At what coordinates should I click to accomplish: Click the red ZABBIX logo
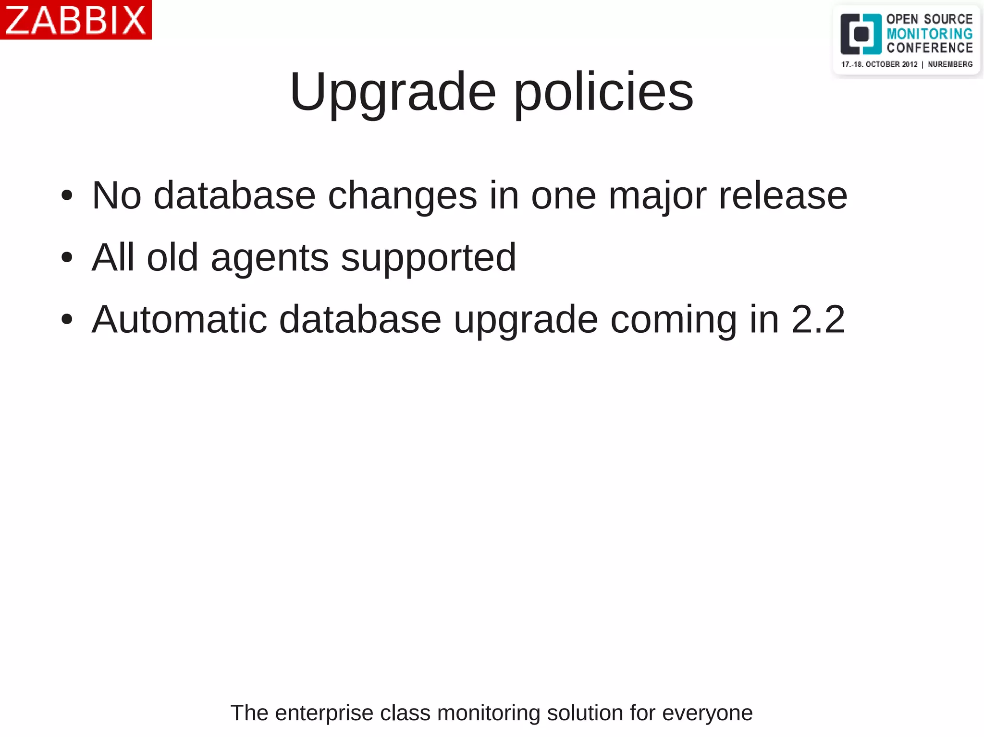pyautogui.click(x=75, y=20)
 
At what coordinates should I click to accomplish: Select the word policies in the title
pyautogui.click(x=603, y=92)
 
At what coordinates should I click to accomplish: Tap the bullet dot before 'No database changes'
pyautogui.click(x=67, y=195)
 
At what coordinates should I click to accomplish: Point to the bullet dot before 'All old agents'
pyautogui.click(x=67, y=257)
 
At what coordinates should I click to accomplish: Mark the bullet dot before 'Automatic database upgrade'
pyautogui.click(x=67, y=319)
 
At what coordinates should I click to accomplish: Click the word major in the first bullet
pyautogui.click(x=657, y=196)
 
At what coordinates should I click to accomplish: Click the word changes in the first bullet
pyautogui.click(x=402, y=196)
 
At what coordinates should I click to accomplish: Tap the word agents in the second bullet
pyautogui.click(x=270, y=258)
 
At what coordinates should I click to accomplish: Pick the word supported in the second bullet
pyautogui.click(x=428, y=258)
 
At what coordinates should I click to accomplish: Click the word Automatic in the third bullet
pyautogui.click(x=179, y=319)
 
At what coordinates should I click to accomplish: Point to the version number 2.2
pyautogui.click(x=818, y=319)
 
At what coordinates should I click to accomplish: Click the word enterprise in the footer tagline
pyautogui.click(x=324, y=713)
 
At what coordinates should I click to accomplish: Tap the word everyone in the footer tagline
pyautogui.click(x=707, y=713)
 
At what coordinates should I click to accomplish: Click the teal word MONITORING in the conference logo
pyautogui.click(x=929, y=34)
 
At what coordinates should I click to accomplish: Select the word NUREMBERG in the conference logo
pyautogui.click(x=950, y=64)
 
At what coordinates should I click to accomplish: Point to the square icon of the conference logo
pyautogui.click(x=861, y=34)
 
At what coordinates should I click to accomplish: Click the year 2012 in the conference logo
pyautogui.click(x=909, y=64)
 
